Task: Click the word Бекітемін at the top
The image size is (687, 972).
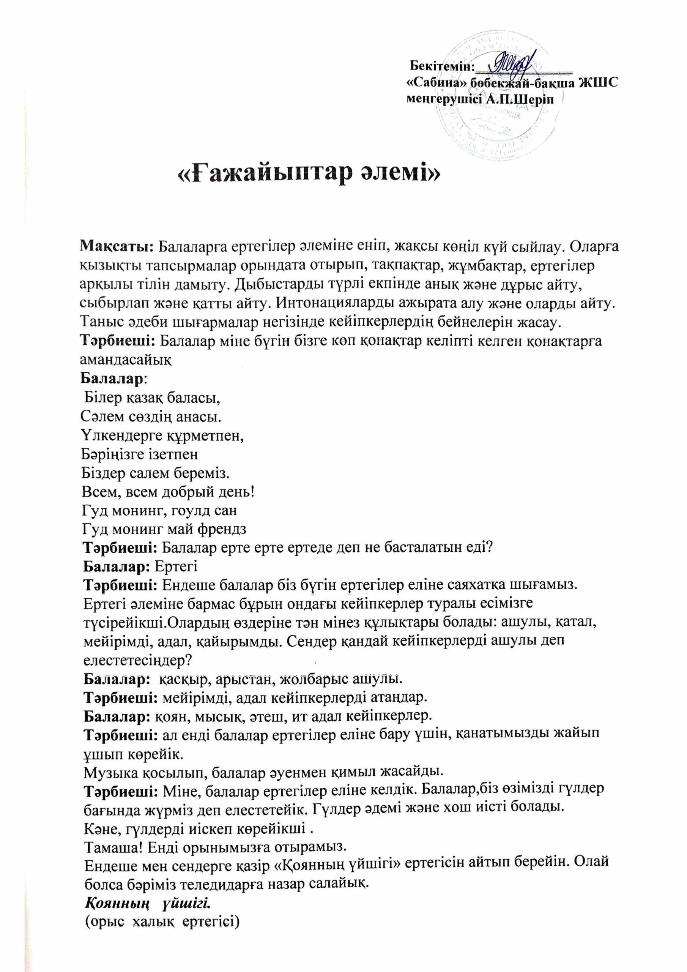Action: pos(440,66)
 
